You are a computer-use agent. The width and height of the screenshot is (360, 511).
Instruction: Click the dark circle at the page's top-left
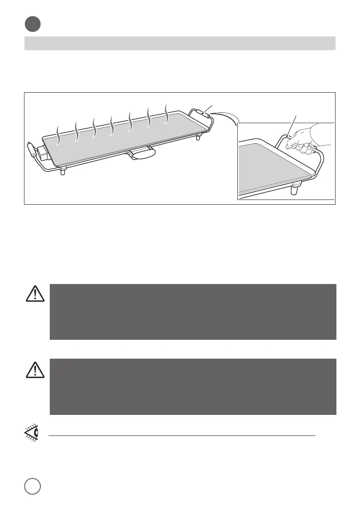32,24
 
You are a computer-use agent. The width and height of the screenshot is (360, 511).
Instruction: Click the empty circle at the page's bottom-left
32,487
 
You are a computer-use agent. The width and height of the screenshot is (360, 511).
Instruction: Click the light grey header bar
179,43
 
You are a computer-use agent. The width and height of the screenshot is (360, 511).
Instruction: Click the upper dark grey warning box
193,311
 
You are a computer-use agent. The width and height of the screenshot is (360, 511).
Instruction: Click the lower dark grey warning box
193,387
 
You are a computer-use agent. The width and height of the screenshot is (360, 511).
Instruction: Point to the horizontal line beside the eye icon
182,435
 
